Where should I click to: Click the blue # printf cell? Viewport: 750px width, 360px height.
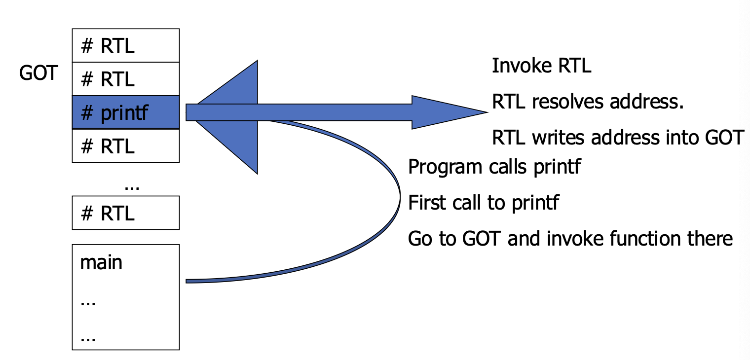(x=126, y=112)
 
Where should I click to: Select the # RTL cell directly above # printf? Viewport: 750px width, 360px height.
(x=126, y=79)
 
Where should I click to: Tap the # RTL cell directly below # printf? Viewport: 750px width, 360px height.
(x=126, y=146)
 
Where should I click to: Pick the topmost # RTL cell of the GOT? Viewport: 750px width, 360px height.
(x=126, y=45)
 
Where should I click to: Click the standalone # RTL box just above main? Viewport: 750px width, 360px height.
(x=126, y=213)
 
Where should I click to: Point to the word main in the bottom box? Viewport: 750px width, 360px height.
(x=101, y=262)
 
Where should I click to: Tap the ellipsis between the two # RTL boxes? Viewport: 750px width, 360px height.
(x=132, y=186)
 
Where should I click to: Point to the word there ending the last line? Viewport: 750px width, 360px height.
(x=710, y=239)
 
